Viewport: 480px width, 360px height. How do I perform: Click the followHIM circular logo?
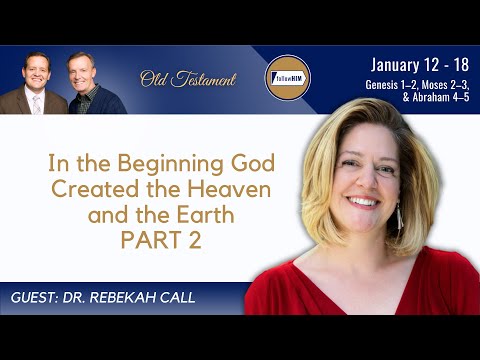(x=286, y=78)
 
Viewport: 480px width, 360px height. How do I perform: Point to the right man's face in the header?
(x=80, y=69)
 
